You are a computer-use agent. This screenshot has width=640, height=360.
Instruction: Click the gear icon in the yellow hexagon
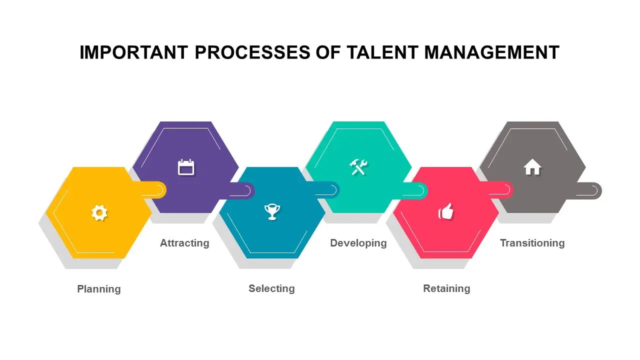pyautogui.click(x=99, y=213)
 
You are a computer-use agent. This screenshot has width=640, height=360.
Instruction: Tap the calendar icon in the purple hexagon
pyautogui.click(x=186, y=167)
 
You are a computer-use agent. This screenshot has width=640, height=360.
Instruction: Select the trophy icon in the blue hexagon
pyautogui.click(x=272, y=212)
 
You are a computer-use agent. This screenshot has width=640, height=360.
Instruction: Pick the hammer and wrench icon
pyautogui.click(x=358, y=167)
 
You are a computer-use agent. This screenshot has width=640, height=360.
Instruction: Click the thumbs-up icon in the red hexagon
pyautogui.click(x=446, y=212)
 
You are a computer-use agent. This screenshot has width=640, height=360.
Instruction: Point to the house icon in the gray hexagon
pyautogui.click(x=532, y=167)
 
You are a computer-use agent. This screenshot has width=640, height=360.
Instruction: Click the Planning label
pyautogui.click(x=99, y=289)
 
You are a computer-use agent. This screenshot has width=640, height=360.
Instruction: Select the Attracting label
pyautogui.click(x=184, y=243)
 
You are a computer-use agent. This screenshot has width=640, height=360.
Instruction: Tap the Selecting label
pyautogui.click(x=271, y=288)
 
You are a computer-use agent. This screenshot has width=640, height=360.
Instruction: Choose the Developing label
pyautogui.click(x=358, y=243)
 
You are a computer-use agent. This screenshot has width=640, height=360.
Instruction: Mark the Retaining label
pyautogui.click(x=446, y=288)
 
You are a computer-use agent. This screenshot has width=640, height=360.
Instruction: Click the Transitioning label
pyautogui.click(x=532, y=243)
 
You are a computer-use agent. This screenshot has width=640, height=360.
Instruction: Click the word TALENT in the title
pyautogui.click(x=379, y=52)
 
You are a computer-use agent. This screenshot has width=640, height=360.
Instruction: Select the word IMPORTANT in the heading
pyautogui.click(x=134, y=52)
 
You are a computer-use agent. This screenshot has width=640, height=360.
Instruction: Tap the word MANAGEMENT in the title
pyautogui.click(x=492, y=52)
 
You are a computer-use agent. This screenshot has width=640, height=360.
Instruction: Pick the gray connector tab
pyautogui.click(x=590, y=190)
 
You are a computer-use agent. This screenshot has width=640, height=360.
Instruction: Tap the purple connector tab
pyautogui.click(x=243, y=190)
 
